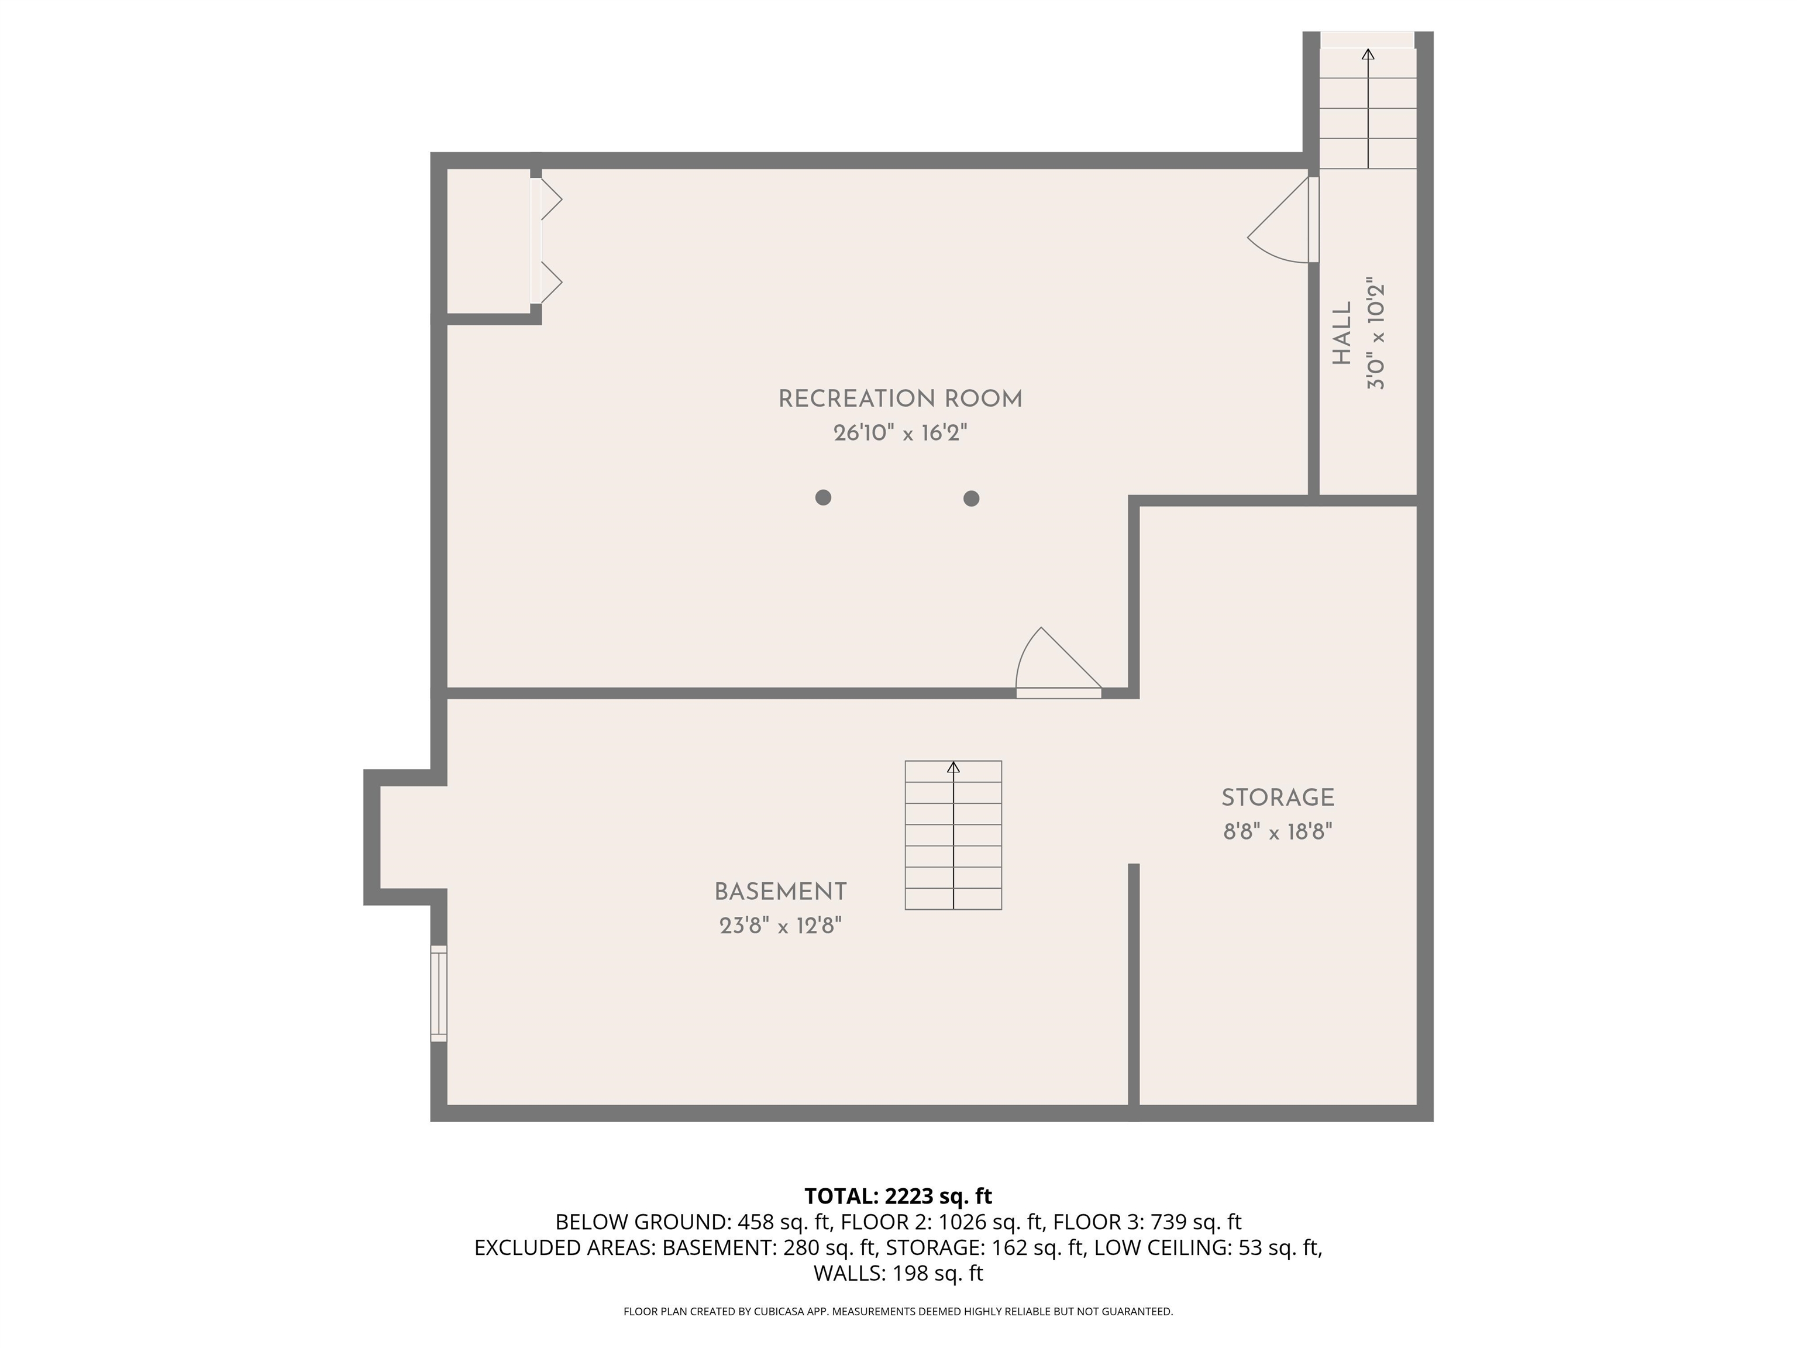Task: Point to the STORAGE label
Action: point(1277,798)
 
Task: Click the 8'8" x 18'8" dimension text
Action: point(1277,832)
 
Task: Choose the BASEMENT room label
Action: point(780,892)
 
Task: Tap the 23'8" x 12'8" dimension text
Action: point(780,926)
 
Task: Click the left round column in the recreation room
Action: point(823,497)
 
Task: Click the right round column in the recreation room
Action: point(971,498)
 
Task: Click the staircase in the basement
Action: point(953,835)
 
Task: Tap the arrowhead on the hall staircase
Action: point(1368,54)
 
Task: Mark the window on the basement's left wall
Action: point(439,993)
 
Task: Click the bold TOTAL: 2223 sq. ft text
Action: point(898,1196)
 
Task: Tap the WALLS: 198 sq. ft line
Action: point(898,1273)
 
